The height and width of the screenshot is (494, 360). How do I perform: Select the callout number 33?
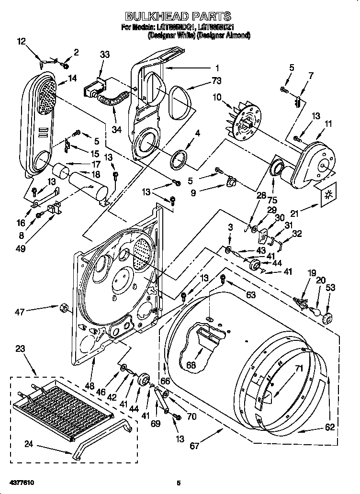(104, 55)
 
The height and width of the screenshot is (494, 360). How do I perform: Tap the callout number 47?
(19, 312)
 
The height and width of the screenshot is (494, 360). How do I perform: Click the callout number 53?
(330, 287)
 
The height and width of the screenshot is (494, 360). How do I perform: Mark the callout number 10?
(217, 98)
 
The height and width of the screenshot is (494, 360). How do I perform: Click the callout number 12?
(21, 42)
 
